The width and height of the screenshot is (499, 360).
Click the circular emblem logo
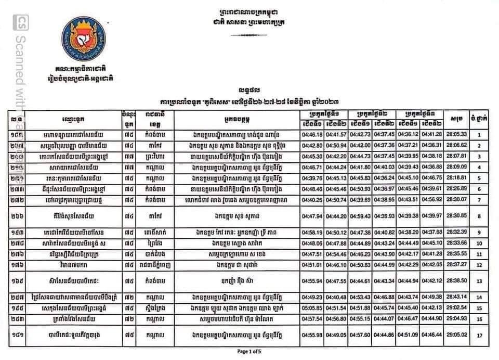click(x=84, y=40)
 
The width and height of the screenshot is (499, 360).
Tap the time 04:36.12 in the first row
click(x=408, y=135)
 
